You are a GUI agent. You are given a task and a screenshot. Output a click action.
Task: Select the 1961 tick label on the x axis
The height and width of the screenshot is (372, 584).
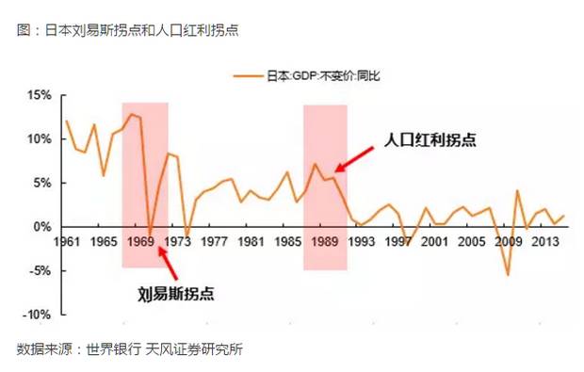coord(66,241)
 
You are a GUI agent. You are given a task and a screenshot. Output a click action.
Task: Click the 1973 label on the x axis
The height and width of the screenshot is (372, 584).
coord(177,241)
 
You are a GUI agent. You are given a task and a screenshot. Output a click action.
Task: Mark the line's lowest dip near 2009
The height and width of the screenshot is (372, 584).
coord(508,275)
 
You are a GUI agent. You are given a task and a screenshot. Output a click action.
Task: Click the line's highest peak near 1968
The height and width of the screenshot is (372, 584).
coord(131,115)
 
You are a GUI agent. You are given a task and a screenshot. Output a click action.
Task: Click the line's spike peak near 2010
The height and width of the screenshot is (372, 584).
coord(517,191)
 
